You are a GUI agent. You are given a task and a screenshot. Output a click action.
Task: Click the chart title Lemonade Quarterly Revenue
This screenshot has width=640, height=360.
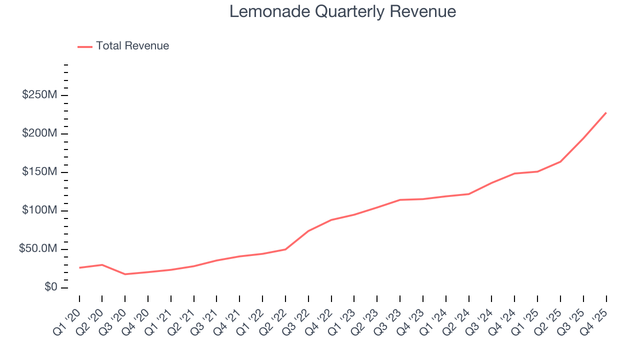342,11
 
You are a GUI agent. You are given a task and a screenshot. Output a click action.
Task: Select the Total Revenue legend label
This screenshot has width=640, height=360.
132,46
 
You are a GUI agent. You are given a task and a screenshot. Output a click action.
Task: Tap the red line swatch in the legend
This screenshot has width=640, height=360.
85,46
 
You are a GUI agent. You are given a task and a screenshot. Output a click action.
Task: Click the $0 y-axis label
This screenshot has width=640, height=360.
50,287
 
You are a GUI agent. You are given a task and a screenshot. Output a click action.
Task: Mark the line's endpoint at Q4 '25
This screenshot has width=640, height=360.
606,112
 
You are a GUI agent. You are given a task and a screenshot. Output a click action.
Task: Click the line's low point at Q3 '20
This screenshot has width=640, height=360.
125,274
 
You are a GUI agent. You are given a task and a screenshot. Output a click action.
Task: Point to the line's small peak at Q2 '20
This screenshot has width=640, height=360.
102,264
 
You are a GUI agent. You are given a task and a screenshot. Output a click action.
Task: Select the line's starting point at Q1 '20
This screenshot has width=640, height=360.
79,267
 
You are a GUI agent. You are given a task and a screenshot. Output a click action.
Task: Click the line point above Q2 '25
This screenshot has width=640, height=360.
560,161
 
